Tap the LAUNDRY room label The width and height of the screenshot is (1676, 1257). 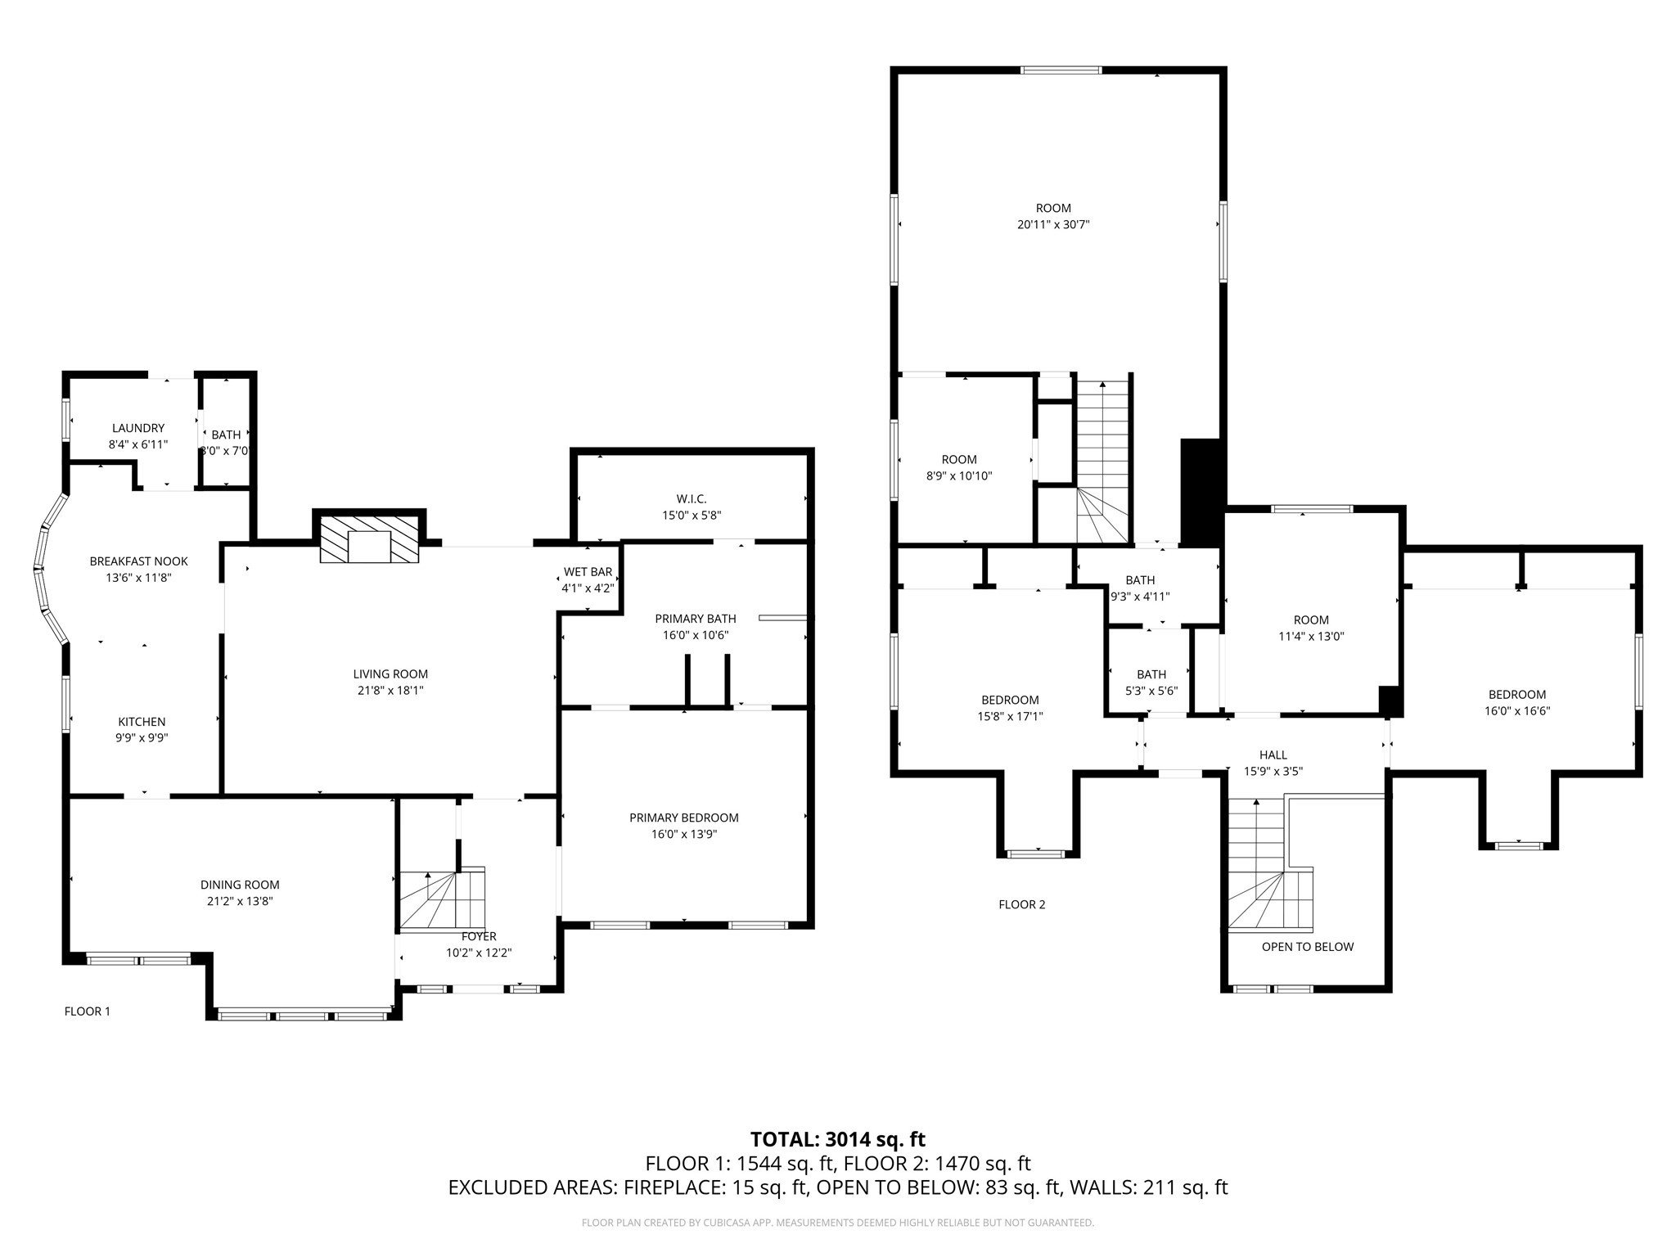pyautogui.click(x=137, y=428)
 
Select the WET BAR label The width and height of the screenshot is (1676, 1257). pyautogui.click(x=588, y=572)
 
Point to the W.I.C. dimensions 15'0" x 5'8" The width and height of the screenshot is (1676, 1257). pyautogui.click(x=692, y=516)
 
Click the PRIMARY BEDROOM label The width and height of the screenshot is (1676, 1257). pyautogui.click(x=683, y=818)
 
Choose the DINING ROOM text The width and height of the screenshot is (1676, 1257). pyautogui.click(x=240, y=885)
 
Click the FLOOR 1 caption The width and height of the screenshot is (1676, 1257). pyautogui.click(x=87, y=1011)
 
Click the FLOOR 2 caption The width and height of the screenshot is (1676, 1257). pyautogui.click(x=1021, y=904)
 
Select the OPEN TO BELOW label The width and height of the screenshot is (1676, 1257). pyautogui.click(x=1307, y=947)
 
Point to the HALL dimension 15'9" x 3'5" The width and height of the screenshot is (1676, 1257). pyautogui.click(x=1273, y=771)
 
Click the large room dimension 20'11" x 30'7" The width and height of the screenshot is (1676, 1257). pyautogui.click(x=1053, y=224)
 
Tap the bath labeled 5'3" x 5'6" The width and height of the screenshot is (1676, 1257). pyautogui.click(x=1151, y=683)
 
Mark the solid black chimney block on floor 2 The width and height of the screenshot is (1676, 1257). pyautogui.click(x=1201, y=492)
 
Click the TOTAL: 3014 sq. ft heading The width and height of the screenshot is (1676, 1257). pyautogui.click(x=837, y=1139)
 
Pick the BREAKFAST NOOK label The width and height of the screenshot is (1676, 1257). pyautogui.click(x=138, y=561)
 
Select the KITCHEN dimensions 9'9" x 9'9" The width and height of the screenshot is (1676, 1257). pyautogui.click(x=142, y=737)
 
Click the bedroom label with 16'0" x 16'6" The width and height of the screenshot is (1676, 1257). pyautogui.click(x=1516, y=695)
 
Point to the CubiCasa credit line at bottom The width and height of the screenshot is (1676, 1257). pyautogui.click(x=837, y=1223)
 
